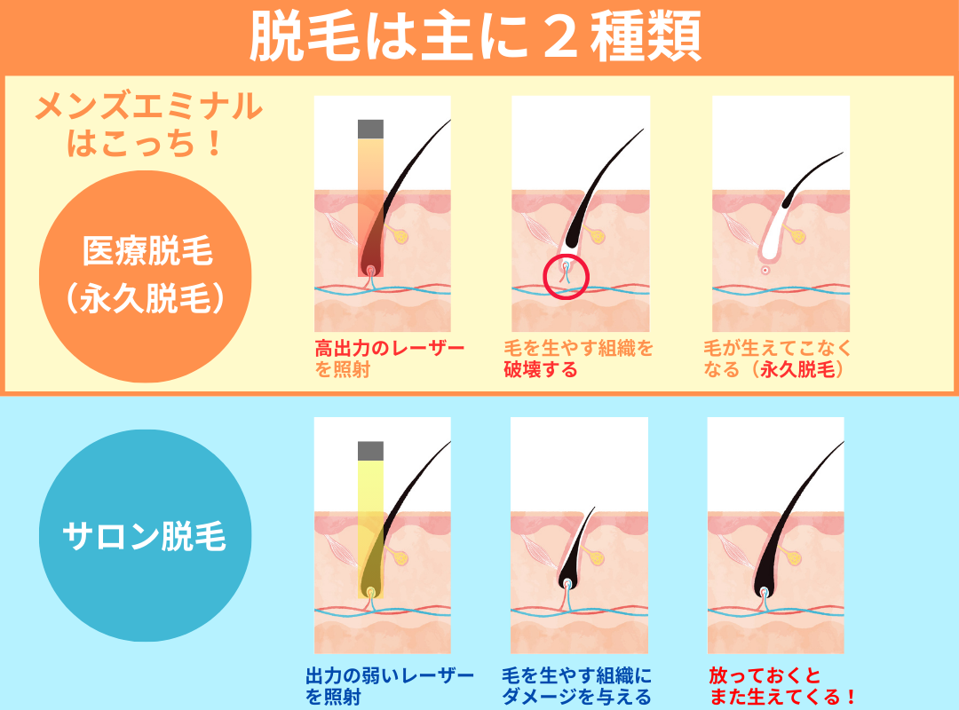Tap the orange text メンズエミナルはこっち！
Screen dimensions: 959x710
pos(147,125)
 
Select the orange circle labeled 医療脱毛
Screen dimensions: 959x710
pos(146,276)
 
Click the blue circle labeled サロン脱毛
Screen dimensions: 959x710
pos(146,536)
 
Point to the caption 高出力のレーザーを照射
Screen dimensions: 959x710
pos(389,359)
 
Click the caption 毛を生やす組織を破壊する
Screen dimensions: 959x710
pos(579,359)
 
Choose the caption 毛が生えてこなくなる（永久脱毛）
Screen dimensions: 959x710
pos(777,359)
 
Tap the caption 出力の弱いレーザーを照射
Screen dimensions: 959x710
pos(390,686)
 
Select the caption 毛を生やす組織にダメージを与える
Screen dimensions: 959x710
pos(576,686)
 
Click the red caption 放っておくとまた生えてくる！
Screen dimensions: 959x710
pos(781,686)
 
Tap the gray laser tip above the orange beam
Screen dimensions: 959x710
pos(370,129)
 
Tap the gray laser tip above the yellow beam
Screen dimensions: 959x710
pos(370,451)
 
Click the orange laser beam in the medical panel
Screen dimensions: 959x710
pos(370,208)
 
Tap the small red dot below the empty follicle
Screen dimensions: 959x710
pos(765,270)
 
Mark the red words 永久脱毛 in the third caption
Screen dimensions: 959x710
pos(797,369)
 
